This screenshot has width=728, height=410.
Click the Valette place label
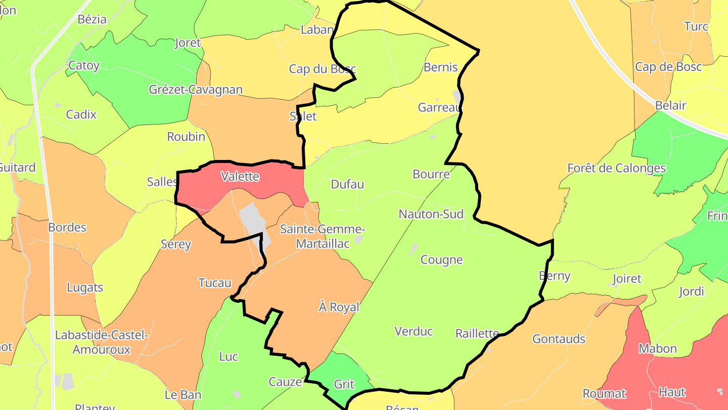tap(240, 177)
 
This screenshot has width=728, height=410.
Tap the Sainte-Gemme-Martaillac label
tap(323, 236)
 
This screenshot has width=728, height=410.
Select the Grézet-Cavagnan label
tap(196, 90)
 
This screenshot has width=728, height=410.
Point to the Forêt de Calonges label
tap(616, 168)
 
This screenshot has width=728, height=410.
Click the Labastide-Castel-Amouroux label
tap(102, 342)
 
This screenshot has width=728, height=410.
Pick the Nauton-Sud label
tap(431, 214)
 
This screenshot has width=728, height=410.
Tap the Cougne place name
tap(441, 260)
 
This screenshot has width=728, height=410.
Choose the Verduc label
tap(414, 331)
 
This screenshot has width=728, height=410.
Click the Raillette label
tap(477, 333)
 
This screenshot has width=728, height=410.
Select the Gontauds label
tap(559, 339)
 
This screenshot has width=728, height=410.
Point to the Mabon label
tap(657, 348)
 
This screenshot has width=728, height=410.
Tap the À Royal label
tap(339, 307)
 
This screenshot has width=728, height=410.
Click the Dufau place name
tap(347, 184)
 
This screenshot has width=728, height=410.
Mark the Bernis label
tap(440, 67)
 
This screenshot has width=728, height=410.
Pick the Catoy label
tap(84, 65)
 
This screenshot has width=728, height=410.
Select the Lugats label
tap(85, 288)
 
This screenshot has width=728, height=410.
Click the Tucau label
tap(215, 283)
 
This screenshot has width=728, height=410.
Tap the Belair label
tap(670, 105)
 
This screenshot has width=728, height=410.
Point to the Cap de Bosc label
tap(668, 66)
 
